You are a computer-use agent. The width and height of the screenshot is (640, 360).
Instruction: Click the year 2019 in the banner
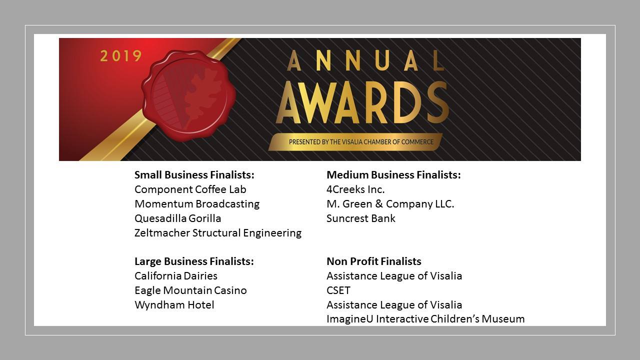click(x=121, y=56)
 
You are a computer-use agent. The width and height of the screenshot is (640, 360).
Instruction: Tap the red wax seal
click(x=189, y=95)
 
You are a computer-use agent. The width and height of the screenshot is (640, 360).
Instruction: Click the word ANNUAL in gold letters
click(x=365, y=60)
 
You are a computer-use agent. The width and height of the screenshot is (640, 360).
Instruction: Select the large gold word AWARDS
click(x=362, y=102)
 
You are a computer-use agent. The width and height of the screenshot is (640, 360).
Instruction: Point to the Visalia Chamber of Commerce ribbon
click(x=355, y=142)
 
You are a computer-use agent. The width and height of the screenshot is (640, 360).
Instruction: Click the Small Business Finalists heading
click(x=194, y=175)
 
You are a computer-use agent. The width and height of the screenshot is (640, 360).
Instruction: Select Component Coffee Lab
click(x=190, y=189)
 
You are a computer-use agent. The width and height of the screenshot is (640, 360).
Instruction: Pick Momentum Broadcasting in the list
click(x=197, y=204)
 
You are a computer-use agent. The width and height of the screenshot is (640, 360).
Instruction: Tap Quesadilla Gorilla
click(x=177, y=218)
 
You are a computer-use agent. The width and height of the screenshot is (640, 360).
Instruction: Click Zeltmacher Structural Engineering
click(x=218, y=233)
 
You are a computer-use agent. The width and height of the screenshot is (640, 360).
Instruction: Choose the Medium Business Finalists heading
click(x=393, y=175)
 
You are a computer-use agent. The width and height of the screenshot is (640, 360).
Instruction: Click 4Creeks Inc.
click(x=355, y=189)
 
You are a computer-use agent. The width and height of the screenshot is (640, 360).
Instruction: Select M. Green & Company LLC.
click(x=390, y=204)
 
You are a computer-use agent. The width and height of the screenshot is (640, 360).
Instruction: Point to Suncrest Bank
click(x=361, y=218)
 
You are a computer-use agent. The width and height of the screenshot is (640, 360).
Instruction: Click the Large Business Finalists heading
click(x=194, y=261)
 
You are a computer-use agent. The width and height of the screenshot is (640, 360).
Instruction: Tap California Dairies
click(x=175, y=276)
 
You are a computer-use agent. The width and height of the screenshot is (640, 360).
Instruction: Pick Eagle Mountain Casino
click(x=190, y=290)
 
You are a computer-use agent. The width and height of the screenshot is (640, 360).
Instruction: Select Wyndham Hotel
click(x=174, y=305)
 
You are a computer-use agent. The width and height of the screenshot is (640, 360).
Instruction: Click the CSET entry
click(x=338, y=290)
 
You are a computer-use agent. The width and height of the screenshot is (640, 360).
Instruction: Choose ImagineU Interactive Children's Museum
click(x=425, y=319)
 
